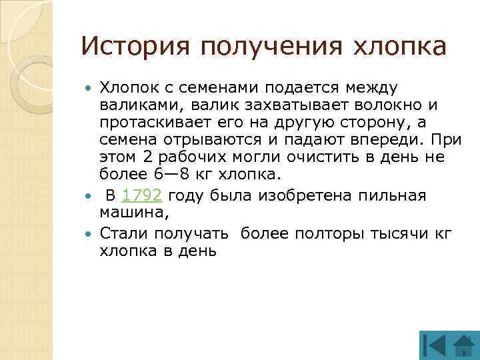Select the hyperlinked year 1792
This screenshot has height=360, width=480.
[x=143, y=196]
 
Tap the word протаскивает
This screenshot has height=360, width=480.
[x=153, y=123]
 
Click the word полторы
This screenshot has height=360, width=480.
[x=329, y=233]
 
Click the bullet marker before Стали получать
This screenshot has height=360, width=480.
[x=91, y=233]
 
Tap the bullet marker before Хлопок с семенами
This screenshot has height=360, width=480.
[x=91, y=87]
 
